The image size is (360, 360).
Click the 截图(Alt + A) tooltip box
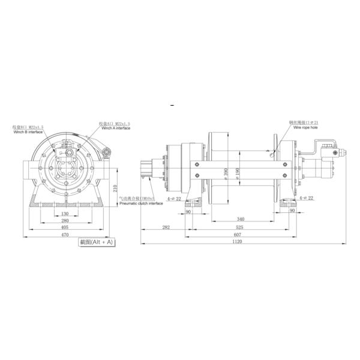tap(97, 242)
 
